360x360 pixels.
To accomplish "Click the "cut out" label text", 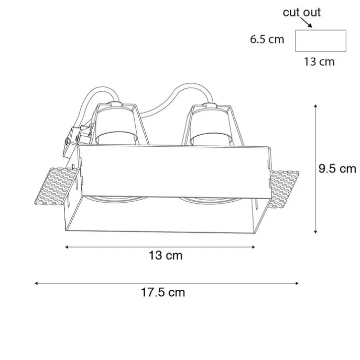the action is point(301,13).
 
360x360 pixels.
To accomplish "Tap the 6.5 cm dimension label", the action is point(267,39).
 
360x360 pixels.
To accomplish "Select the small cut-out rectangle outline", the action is point(321,30).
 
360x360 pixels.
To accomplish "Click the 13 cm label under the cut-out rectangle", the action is point(319,62).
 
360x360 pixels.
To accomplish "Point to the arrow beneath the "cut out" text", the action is point(306,23).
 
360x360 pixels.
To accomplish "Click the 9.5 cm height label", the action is point(337,169).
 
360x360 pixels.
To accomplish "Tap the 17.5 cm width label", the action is point(163,292).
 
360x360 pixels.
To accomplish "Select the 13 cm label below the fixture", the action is point(166,256).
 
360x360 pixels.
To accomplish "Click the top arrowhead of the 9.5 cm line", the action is point(315,106).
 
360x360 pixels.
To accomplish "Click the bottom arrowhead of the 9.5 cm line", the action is point(315,232).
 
